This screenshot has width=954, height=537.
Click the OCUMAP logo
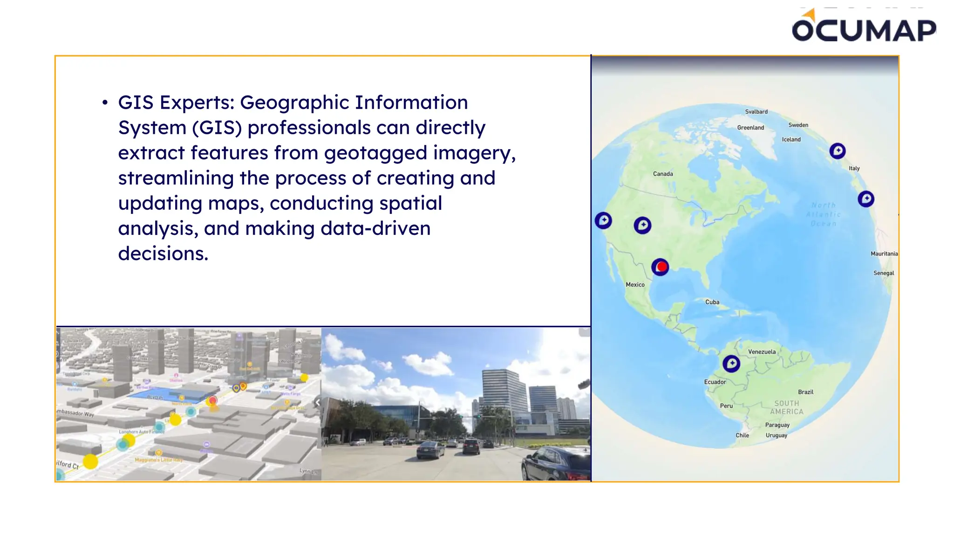click(864, 28)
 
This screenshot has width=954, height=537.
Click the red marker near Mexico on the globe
click(660, 267)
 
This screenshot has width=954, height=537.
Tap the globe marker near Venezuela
click(731, 364)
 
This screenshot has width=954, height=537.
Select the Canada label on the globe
click(663, 174)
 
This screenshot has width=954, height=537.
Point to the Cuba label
click(712, 302)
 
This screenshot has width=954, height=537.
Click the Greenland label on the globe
click(750, 128)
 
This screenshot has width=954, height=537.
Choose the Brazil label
click(805, 392)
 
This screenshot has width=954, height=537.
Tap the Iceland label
click(791, 139)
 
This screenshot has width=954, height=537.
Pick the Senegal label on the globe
click(883, 273)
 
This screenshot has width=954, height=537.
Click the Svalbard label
click(756, 112)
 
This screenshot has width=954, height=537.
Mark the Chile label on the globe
click(742, 435)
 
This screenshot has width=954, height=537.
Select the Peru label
click(726, 406)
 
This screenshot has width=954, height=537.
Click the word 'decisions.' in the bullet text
click(163, 254)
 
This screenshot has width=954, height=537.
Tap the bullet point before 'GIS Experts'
click(105, 103)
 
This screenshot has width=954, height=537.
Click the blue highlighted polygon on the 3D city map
click(168, 396)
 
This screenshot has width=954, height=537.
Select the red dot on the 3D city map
click(213, 400)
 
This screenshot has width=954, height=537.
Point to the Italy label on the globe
click(854, 168)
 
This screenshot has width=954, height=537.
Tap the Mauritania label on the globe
click(884, 254)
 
